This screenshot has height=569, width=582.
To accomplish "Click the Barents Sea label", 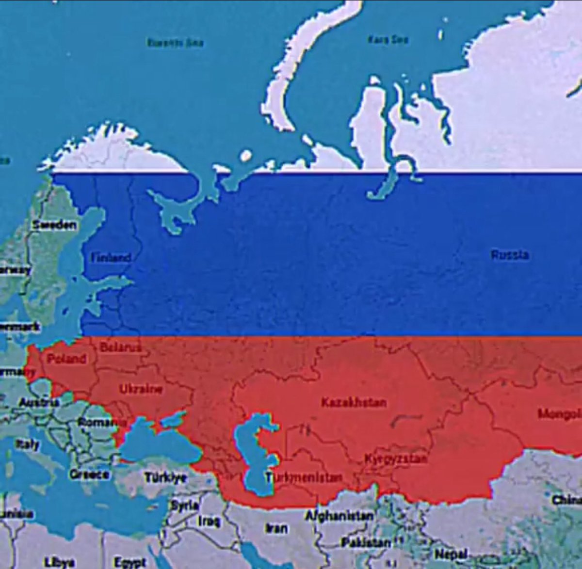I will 176,43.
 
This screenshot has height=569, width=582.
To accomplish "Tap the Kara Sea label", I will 388,39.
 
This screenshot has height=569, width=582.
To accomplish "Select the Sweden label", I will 54,225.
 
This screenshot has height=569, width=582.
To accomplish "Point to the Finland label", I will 111,257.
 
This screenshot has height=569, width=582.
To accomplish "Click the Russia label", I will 509,254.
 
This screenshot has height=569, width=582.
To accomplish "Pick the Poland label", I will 66,359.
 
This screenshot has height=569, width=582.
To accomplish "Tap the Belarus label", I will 120,347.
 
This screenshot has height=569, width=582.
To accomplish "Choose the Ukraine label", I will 141,389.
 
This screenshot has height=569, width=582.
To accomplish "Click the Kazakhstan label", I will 354,402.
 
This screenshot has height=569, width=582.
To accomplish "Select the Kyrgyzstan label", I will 396,458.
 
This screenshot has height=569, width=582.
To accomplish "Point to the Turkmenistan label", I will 303,478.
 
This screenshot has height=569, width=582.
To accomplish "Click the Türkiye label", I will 165,477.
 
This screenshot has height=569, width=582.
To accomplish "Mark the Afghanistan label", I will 339,516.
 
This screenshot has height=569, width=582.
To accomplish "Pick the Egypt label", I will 129,562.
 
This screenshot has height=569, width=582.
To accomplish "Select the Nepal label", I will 451,553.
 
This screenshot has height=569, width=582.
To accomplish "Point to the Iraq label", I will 209,521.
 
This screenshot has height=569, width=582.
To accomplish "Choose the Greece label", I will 89,474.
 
